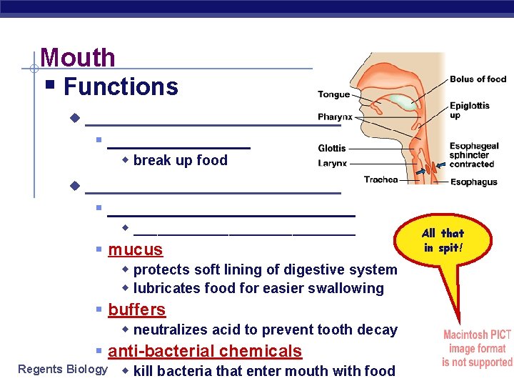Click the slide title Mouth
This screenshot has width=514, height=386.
point(78,57)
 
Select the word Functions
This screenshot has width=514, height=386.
point(121,86)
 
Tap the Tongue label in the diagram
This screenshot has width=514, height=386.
point(333,94)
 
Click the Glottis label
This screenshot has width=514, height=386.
point(332,148)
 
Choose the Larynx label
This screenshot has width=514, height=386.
point(332,163)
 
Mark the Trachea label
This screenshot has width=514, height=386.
point(381,179)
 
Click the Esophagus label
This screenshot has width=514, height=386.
point(473,182)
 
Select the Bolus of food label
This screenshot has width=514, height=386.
point(478,79)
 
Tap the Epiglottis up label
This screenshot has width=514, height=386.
point(469,110)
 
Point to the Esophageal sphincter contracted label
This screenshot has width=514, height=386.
point(474,155)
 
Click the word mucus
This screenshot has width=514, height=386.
point(136,249)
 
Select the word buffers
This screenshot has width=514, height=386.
point(137,310)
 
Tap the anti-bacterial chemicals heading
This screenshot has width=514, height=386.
point(205,351)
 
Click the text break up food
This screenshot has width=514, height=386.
point(180,160)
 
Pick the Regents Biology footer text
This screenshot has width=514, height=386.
point(63,370)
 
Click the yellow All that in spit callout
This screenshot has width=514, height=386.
point(443,241)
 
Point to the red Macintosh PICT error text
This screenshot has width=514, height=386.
point(477,348)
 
